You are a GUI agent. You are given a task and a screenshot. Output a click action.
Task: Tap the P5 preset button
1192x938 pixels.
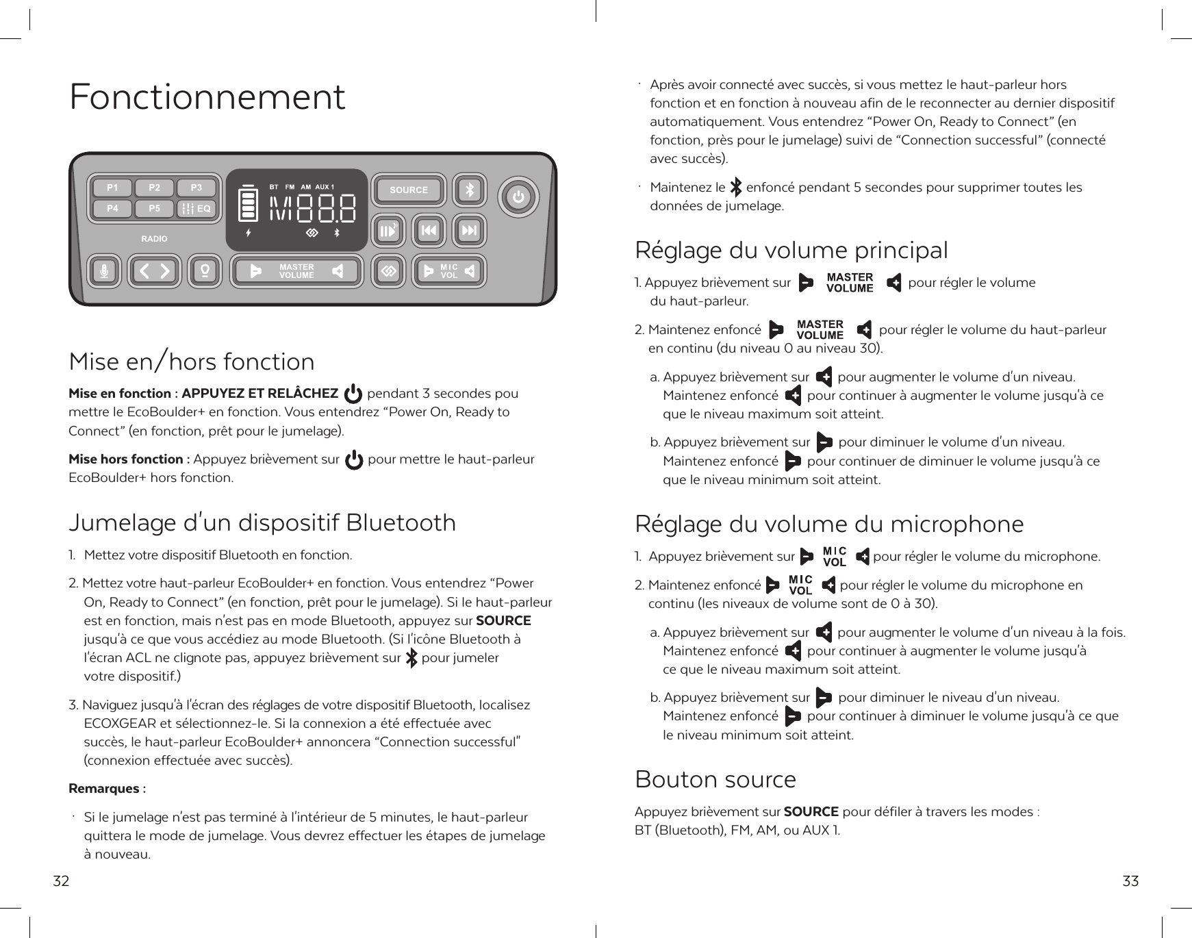155,208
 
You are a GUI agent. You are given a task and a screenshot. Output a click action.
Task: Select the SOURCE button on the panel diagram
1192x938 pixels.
409,190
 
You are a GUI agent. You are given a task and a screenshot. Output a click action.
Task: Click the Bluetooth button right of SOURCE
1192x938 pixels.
470,190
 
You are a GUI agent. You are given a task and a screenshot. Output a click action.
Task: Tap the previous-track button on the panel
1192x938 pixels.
429,231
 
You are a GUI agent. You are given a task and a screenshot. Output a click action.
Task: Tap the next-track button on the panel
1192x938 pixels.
470,231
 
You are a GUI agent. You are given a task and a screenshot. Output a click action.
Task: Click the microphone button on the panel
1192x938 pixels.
105,272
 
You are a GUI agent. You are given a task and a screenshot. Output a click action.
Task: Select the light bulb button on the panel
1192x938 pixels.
204,272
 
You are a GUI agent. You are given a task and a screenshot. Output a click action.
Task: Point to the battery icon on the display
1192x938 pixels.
248,203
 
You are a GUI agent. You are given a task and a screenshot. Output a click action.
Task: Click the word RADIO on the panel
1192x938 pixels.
154,239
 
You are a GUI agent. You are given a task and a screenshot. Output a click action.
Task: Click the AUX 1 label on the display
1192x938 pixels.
325,187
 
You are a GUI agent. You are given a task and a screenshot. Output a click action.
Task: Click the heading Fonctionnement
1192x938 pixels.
207,97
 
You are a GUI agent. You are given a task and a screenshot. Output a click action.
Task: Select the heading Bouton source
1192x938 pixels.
715,779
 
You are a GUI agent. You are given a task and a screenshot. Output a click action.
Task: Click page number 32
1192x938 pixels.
62,881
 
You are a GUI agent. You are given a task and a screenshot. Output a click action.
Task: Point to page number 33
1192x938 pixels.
1130,881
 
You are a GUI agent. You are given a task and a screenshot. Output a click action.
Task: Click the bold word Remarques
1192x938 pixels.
104,789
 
